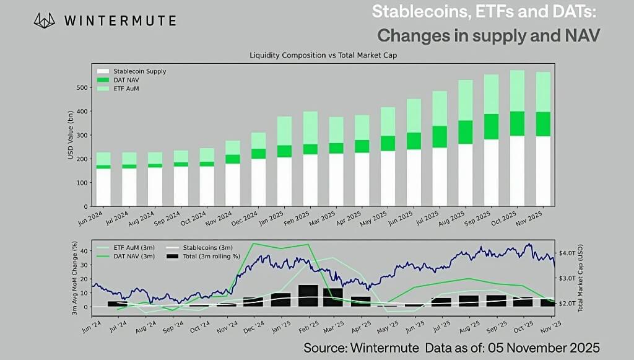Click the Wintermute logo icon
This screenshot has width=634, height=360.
tap(45, 20)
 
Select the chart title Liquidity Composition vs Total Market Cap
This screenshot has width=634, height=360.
tap(323, 55)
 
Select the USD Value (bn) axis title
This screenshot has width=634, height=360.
tap(71, 135)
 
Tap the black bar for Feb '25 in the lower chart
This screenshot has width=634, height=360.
tap(308, 296)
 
